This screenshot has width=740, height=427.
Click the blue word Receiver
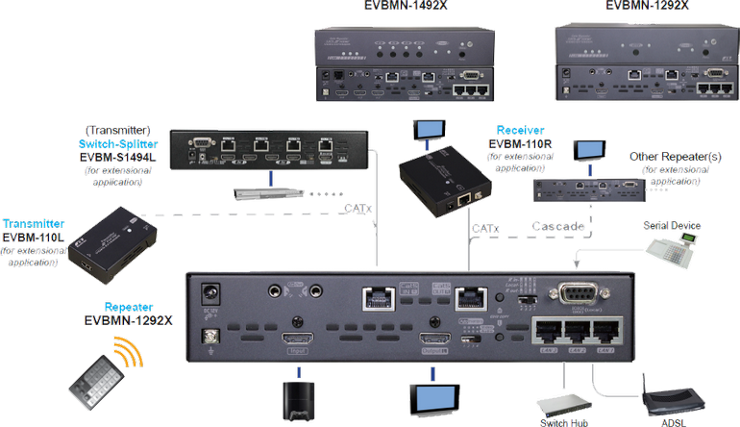point(521,129)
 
